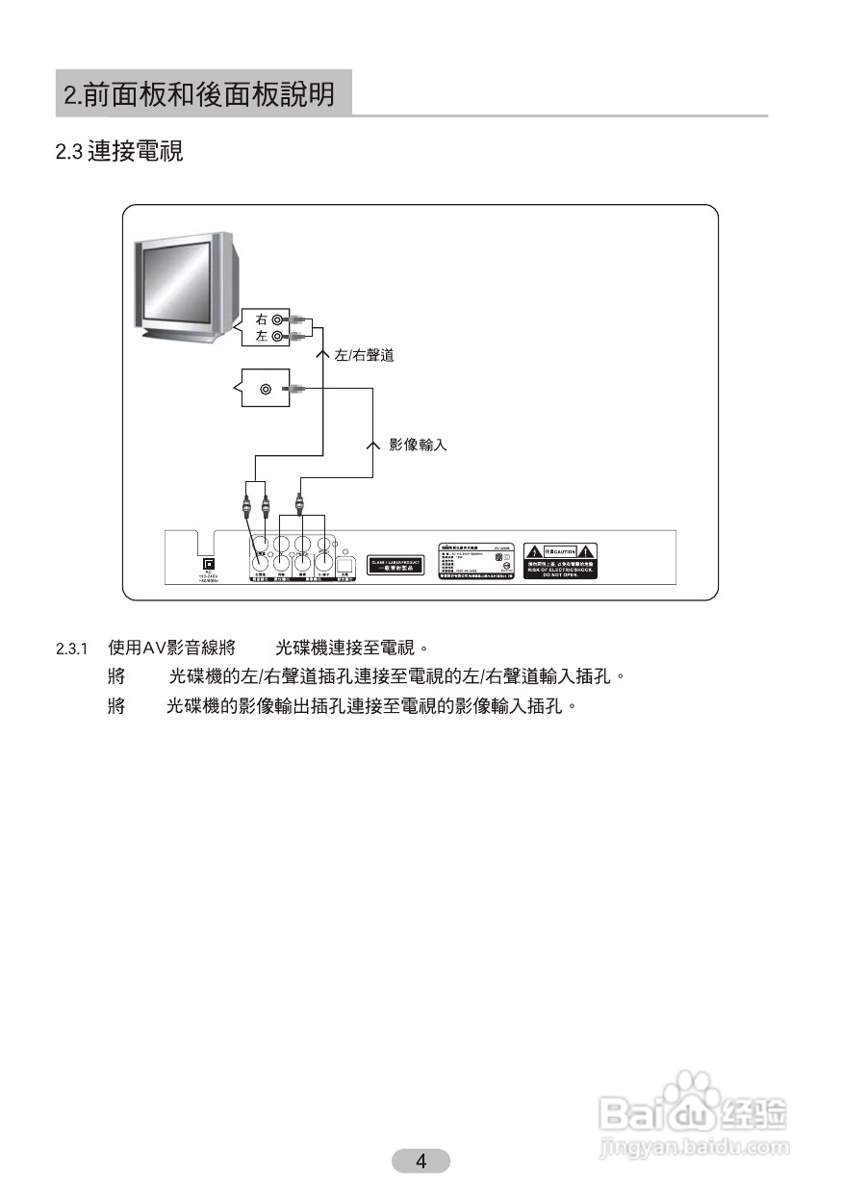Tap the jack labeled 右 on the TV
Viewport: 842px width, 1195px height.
(x=277, y=319)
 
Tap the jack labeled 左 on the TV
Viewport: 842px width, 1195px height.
(x=277, y=336)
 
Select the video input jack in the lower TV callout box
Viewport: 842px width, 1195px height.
(x=265, y=389)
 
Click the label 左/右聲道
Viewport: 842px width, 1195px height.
(x=364, y=356)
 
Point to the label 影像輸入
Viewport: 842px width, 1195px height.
(x=418, y=445)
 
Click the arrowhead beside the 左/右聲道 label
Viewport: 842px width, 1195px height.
(x=323, y=354)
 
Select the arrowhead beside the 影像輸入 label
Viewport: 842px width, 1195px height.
(x=373, y=445)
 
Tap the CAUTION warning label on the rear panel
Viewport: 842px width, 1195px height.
(x=560, y=560)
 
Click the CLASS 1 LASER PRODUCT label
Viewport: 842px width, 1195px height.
(x=396, y=565)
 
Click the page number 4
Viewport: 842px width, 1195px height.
(x=421, y=1160)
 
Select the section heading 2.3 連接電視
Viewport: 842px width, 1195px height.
(x=119, y=152)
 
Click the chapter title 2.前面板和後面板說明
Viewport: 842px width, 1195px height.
(x=200, y=94)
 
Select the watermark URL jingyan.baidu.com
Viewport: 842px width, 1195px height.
(x=693, y=1147)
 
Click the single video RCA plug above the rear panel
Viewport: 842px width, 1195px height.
(x=300, y=502)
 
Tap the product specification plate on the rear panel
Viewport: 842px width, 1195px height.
(x=474, y=559)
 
